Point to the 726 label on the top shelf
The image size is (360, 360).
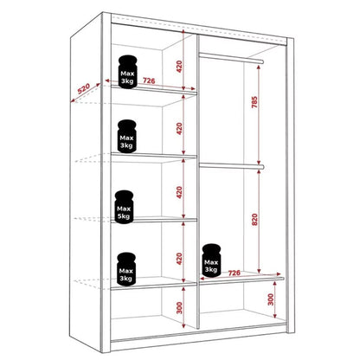pos(150,82)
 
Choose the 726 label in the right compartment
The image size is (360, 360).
pos(234,273)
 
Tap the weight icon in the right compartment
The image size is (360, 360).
pos(210,261)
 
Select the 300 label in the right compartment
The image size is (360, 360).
pos(270,300)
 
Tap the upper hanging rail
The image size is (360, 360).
pos(229,57)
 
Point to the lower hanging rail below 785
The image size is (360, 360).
pos(229,164)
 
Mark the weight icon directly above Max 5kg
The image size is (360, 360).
pos(128,135)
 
